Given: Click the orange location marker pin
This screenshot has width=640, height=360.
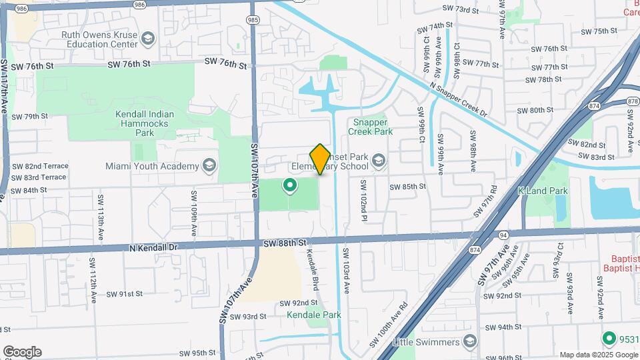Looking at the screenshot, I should pyautogui.click(x=320, y=159).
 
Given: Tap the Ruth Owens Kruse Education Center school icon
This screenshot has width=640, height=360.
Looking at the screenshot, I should pyautogui.click(x=148, y=39).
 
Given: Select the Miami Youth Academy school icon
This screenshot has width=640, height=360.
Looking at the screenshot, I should pyautogui.click(x=209, y=165).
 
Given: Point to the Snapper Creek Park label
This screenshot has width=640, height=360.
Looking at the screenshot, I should pyautogui.click(x=370, y=127).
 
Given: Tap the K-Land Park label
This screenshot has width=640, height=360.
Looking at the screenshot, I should pyautogui.click(x=543, y=191).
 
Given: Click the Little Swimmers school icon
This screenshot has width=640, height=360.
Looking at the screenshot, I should pyautogui.click(x=470, y=342).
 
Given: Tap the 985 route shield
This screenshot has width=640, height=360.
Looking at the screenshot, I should pyautogui.click(x=253, y=21).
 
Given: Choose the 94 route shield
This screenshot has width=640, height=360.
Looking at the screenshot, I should pyautogui.click(x=502, y=235).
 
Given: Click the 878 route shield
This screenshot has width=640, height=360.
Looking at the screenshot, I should pyautogui.click(x=633, y=101).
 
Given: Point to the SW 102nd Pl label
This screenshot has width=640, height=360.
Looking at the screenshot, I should pyautogui.click(x=364, y=197).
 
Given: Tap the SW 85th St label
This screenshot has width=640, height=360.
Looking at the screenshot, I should pyautogui.click(x=407, y=187).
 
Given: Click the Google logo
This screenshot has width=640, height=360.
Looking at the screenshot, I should pyautogui.click(x=22, y=352).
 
